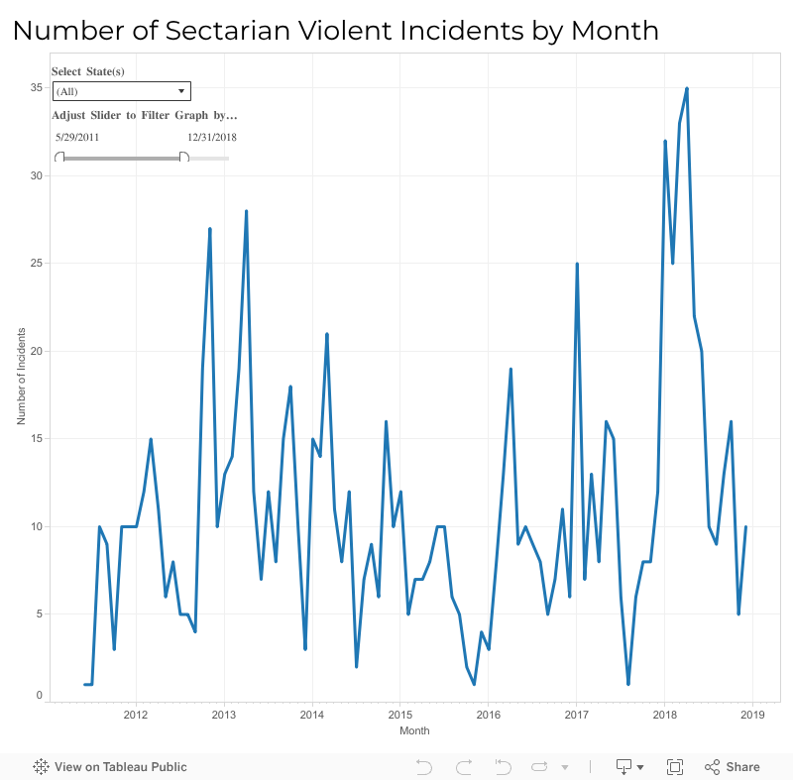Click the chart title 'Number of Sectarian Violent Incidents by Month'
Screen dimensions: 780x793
click(335, 31)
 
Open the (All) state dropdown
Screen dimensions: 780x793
click(121, 91)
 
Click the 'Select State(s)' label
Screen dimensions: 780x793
click(88, 72)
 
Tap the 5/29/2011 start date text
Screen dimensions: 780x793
click(77, 138)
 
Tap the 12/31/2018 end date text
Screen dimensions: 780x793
click(212, 138)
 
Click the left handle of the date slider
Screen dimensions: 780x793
click(59, 158)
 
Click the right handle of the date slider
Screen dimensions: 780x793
click(184, 158)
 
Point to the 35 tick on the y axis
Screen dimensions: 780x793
click(36, 88)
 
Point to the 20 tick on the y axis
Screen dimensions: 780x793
click(36, 351)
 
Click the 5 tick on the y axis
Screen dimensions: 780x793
click(39, 613)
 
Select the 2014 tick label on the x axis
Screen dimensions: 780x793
click(311, 714)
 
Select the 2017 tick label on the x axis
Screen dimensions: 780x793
click(576, 714)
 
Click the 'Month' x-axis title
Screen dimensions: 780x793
click(414, 731)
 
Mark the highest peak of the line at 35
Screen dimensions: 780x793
click(687, 89)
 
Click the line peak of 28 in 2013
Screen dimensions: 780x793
click(246, 212)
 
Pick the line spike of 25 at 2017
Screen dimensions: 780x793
click(577, 265)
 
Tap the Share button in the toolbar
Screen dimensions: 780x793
click(733, 767)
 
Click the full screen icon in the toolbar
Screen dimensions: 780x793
click(675, 767)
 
